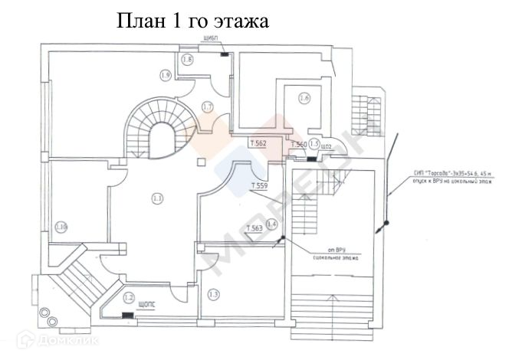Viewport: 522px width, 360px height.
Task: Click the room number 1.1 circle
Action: tap(157, 199)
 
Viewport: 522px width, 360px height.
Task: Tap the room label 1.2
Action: tap(130, 297)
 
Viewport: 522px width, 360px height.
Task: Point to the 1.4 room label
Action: tap(271, 224)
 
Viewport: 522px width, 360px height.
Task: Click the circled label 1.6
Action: tap(304, 98)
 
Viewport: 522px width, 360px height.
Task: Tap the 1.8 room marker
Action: tap(187, 59)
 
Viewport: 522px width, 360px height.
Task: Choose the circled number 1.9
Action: tap(164, 74)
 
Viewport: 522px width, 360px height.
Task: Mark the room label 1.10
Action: tap(61, 226)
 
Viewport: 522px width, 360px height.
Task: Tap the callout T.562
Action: tap(258, 143)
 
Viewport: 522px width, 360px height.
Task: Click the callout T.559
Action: tap(259, 186)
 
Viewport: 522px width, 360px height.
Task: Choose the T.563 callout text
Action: tap(254, 229)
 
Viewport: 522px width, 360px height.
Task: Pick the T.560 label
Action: tap(298, 144)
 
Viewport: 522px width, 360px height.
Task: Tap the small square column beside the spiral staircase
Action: tap(201, 162)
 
